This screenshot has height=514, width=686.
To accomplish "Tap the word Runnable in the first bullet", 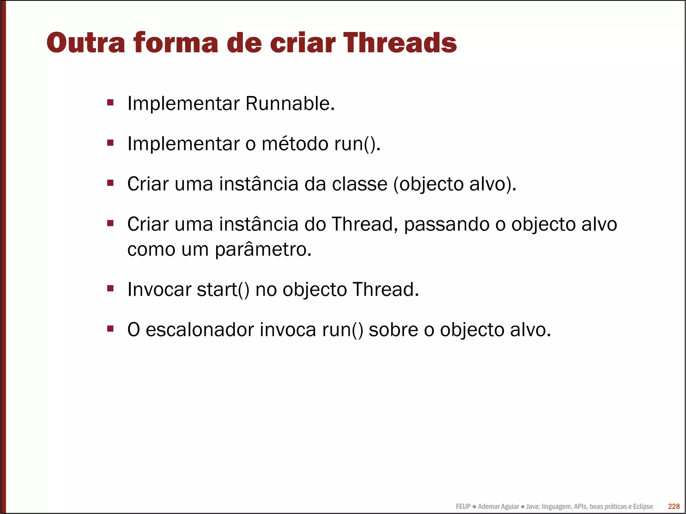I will [x=290, y=103].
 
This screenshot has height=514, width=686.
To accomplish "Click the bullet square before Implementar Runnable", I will [x=111, y=102].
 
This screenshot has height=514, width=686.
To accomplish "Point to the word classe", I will [x=359, y=184].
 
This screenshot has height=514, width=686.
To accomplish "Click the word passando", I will [x=447, y=224].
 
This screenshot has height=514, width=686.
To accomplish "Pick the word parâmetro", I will [x=263, y=249].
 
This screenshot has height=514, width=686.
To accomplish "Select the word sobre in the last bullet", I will [x=393, y=329].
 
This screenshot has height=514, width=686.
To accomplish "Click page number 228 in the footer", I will [x=674, y=506].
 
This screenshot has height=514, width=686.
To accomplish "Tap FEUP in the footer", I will [x=463, y=506].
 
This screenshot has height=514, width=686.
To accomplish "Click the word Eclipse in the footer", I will [x=642, y=506].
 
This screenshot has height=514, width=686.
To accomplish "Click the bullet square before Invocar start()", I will [x=111, y=288].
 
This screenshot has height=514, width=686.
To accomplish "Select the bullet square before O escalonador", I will [x=111, y=328].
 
